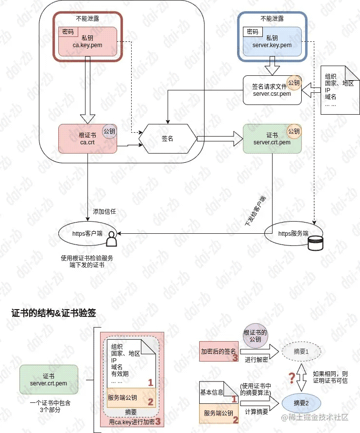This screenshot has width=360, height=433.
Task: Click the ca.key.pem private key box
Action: [x=87, y=42]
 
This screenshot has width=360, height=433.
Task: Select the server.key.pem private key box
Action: [x=272, y=42]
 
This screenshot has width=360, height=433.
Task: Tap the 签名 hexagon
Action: [x=168, y=139]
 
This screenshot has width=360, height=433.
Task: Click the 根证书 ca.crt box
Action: [x=87, y=139]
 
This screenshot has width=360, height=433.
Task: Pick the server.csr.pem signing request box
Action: [x=272, y=90]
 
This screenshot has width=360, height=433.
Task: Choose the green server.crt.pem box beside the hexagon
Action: [x=272, y=139]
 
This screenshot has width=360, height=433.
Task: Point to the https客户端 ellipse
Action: [x=87, y=233]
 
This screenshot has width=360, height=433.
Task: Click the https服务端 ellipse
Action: [x=293, y=233]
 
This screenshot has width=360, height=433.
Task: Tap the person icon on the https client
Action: [x=112, y=239]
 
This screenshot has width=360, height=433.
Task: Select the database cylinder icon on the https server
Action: [x=315, y=243]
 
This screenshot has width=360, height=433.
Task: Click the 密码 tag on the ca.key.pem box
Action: [x=68, y=32]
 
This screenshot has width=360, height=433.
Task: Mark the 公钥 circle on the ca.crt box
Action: [x=109, y=131]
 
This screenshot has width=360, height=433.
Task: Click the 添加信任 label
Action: [x=104, y=211]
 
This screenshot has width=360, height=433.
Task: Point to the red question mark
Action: [x=291, y=378]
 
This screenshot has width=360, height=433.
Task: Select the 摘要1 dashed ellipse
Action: [x=301, y=351]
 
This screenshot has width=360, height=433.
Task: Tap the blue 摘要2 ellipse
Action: [x=301, y=403]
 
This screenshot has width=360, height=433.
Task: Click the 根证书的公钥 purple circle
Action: [x=255, y=336]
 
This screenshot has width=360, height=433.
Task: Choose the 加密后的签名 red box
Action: [x=219, y=351]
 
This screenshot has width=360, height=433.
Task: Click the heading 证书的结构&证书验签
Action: [x=53, y=313]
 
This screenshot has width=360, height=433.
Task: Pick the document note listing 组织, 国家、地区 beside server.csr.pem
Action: [x=340, y=90]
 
